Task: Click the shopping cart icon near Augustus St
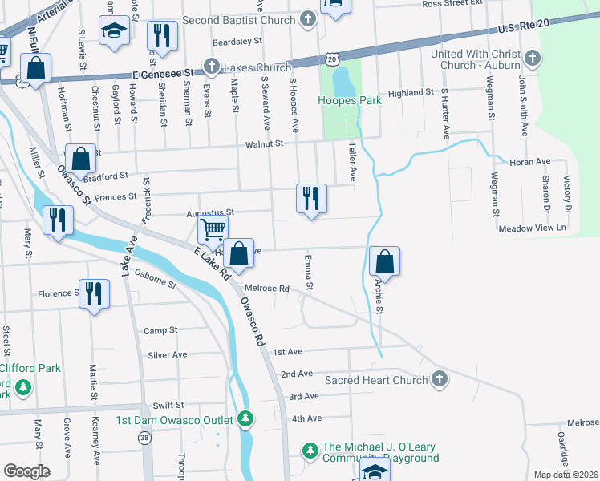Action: (213, 230)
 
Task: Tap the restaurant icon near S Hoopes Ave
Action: (310, 197)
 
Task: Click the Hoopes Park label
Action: (349, 101)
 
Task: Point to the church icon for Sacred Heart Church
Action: (439, 378)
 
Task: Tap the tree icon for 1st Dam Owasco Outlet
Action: (245, 419)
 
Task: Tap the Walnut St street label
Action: (265, 143)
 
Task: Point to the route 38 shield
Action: (144, 438)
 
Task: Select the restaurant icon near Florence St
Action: (93, 293)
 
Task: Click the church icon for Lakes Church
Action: (212, 67)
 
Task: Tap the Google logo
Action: (26, 471)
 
